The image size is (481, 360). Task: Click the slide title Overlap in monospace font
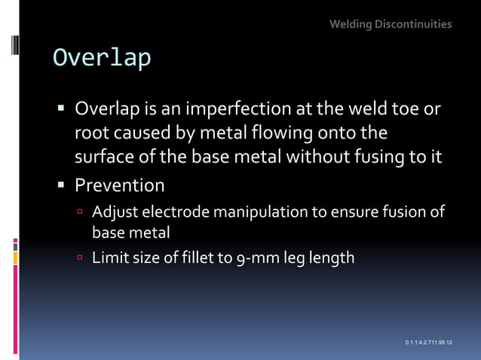(x=101, y=58)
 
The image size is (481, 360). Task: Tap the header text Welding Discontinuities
(x=391, y=24)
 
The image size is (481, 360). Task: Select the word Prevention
(x=119, y=185)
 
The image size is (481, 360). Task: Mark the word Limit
(x=109, y=258)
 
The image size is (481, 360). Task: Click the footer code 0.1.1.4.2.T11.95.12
(x=428, y=343)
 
